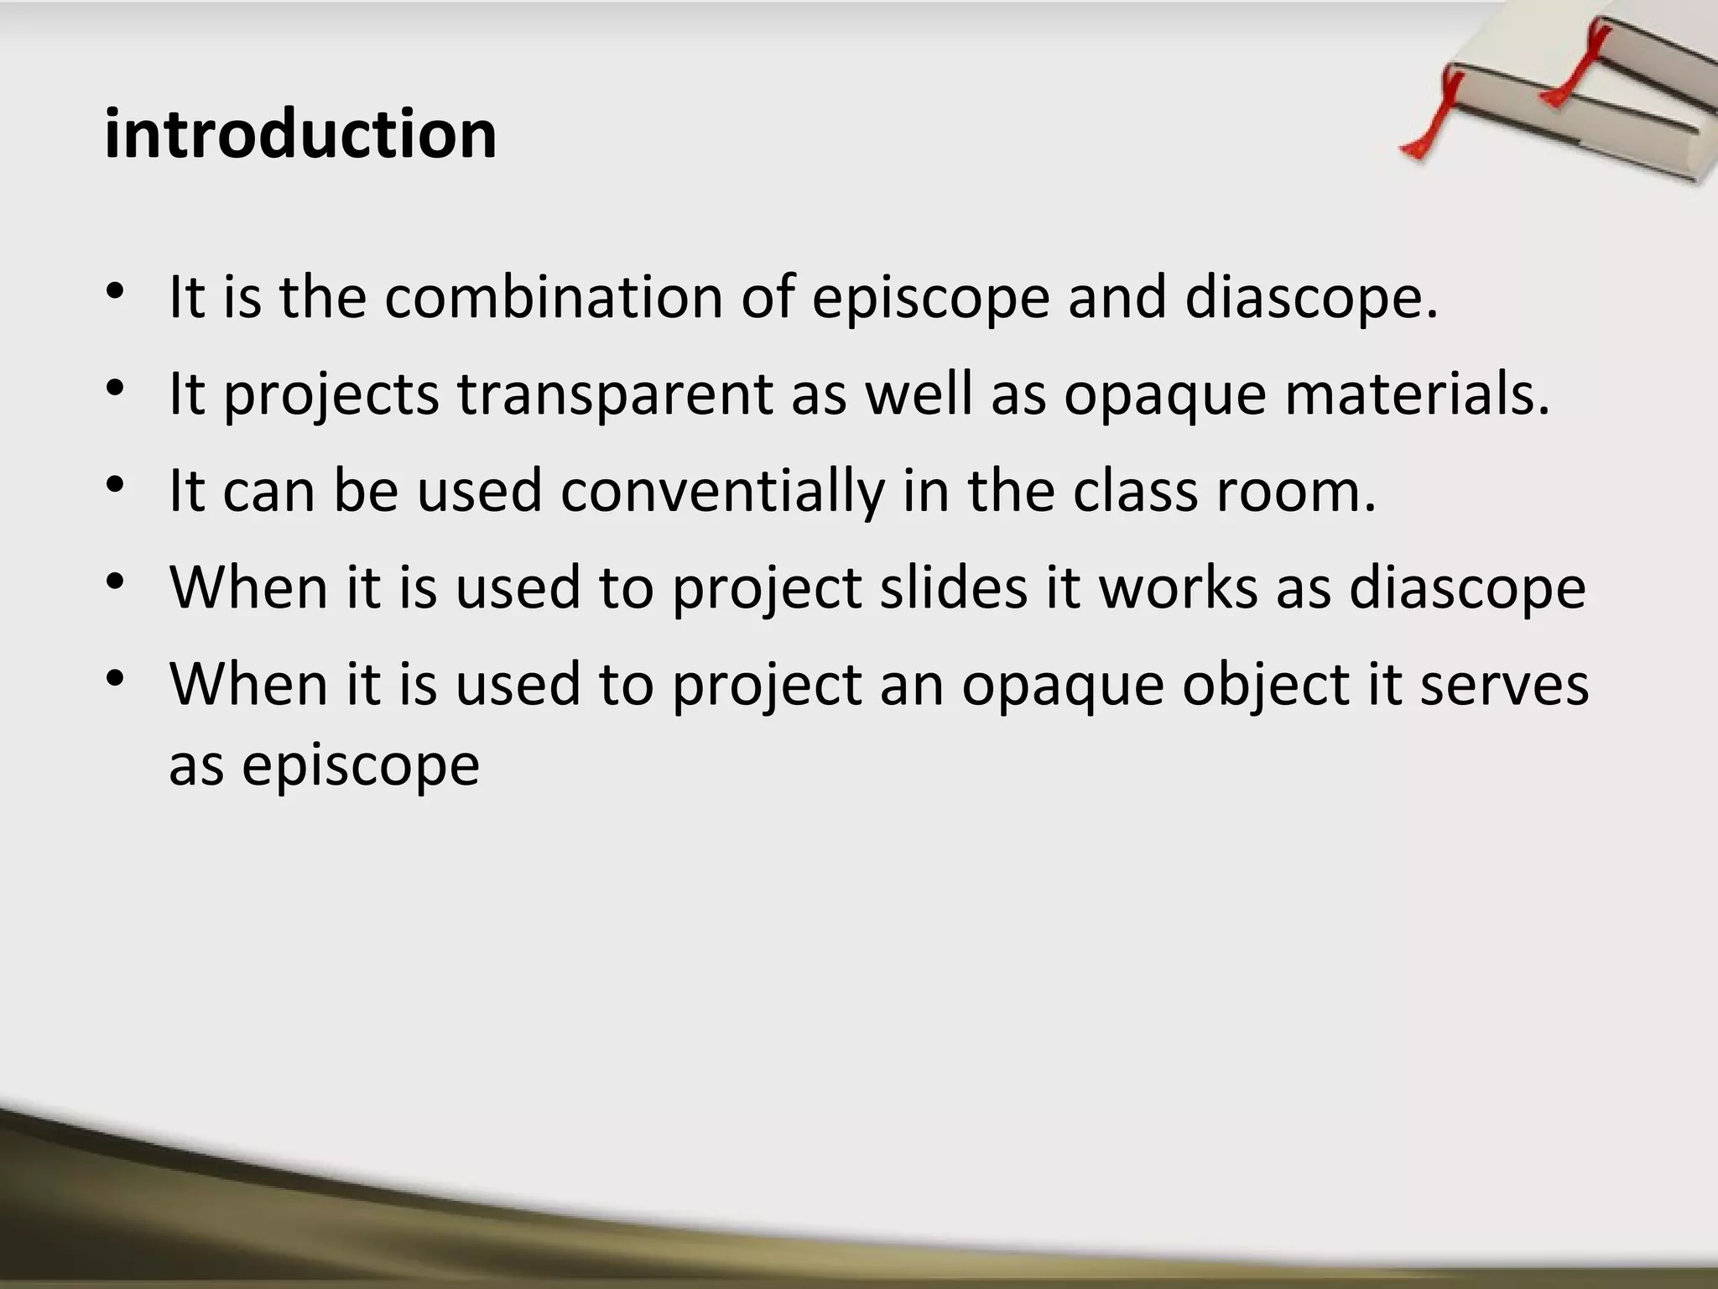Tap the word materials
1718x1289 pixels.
coord(1418,394)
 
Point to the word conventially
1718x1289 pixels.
coord(722,491)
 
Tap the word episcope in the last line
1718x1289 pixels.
coord(361,765)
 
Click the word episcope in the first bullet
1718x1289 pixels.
coord(931,300)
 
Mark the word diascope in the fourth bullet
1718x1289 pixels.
coord(1467,587)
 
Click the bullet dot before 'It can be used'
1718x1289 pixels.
coord(116,484)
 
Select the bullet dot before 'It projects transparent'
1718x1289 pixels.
coord(116,388)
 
